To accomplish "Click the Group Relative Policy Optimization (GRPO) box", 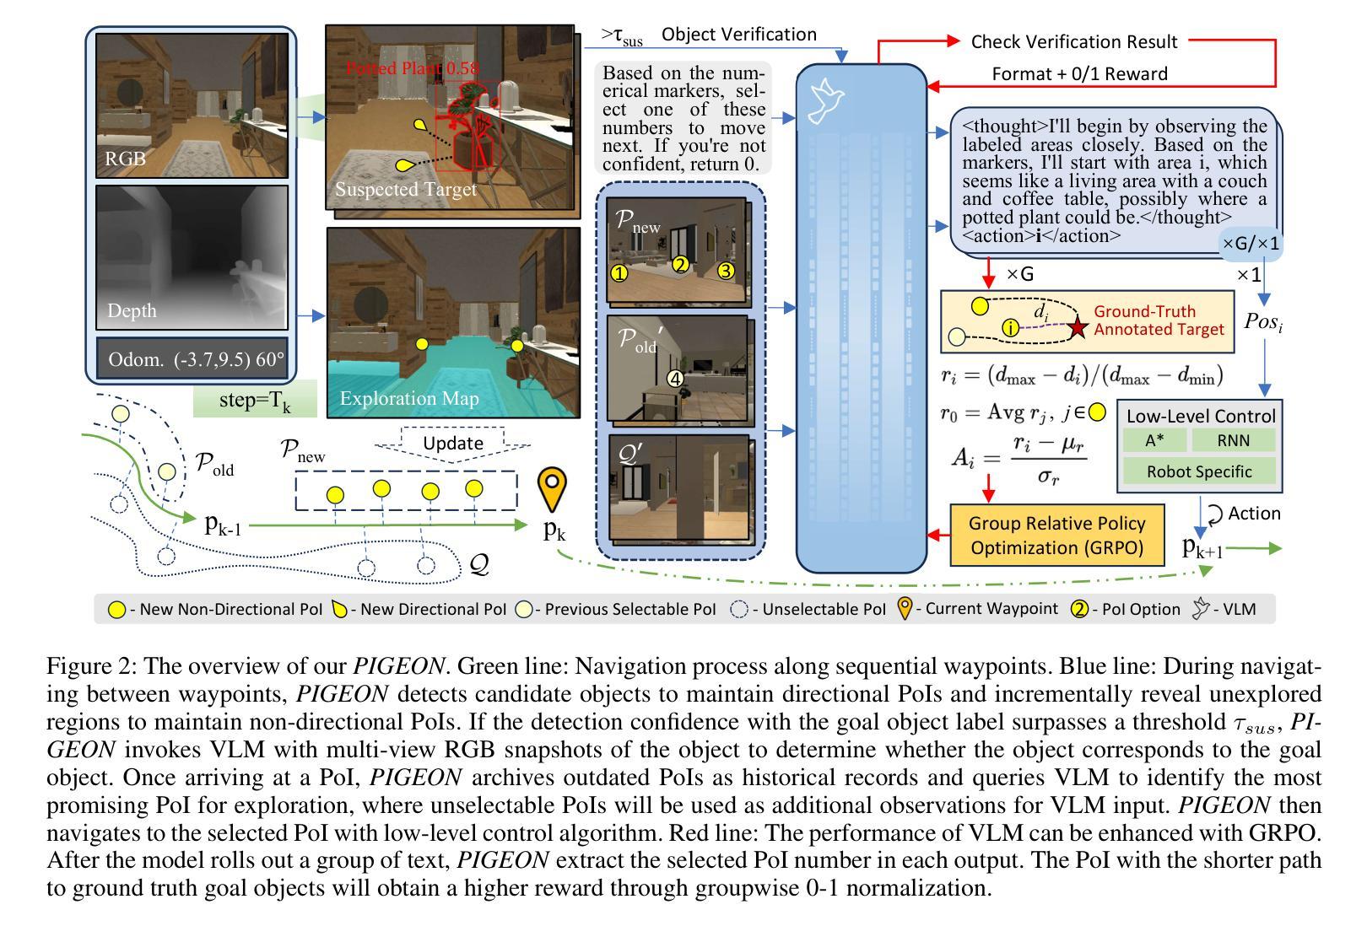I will point(1056,535).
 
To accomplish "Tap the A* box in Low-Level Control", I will point(1154,440).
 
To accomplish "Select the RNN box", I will point(1233,440).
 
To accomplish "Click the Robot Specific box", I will point(1199,471).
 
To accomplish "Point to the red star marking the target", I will point(1077,328).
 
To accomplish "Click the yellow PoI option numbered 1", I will point(619,272).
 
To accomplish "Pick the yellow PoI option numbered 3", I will point(726,271).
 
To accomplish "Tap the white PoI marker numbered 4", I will point(675,379).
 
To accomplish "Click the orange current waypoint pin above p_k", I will point(553,489).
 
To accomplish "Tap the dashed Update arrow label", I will point(453,444).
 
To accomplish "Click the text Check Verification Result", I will point(1073,42).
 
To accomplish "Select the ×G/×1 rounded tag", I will point(1251,244).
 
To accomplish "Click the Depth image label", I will point(132,310).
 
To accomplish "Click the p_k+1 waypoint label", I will point(1202,547).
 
